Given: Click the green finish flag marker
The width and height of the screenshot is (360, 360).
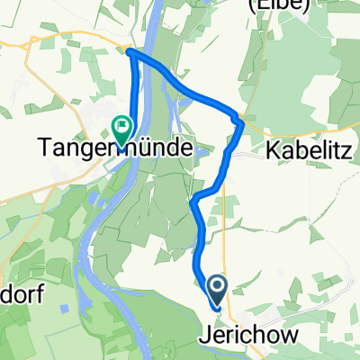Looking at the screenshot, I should (x=120, y=126).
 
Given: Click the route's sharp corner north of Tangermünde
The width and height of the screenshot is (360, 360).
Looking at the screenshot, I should (x=130, y=52).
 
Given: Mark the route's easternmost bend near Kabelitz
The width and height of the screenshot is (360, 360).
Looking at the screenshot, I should (x=241, y=121).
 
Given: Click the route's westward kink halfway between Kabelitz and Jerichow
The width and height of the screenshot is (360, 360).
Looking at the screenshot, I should (x=193, y=199).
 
